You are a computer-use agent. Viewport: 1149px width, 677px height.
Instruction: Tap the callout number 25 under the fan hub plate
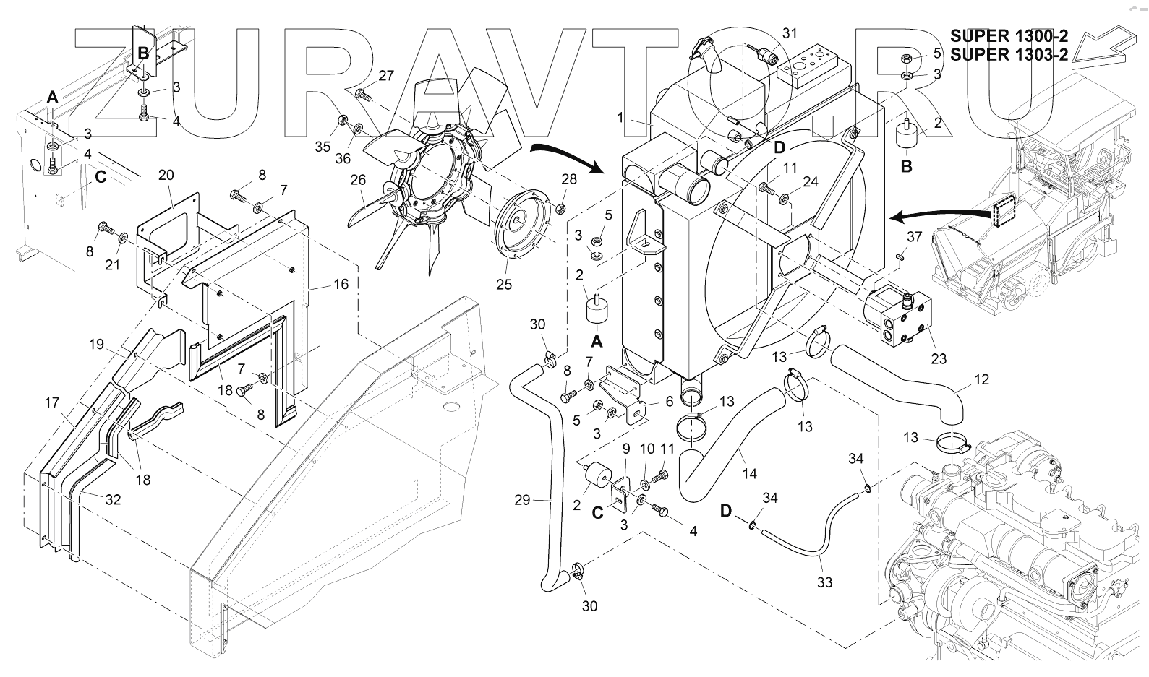pos(504,284)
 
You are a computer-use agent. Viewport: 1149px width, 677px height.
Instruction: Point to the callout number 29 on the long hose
pos(523,499)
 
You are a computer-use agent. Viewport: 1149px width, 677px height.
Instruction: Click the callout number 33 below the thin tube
pos(824,582)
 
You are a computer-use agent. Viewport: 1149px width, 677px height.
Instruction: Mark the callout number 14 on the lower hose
pos(749,474)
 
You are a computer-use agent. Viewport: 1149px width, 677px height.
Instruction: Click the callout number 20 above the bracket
pos(166,175)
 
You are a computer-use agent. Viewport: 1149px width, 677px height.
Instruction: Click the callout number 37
pos(914,237)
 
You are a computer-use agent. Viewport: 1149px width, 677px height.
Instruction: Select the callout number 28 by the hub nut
pos(570,178)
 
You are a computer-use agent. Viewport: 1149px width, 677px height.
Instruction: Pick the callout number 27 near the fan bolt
pos(386,75)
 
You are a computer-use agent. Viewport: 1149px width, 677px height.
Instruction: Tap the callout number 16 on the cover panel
pos(341,284)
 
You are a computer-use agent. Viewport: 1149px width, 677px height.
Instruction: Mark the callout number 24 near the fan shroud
pos(810,181)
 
